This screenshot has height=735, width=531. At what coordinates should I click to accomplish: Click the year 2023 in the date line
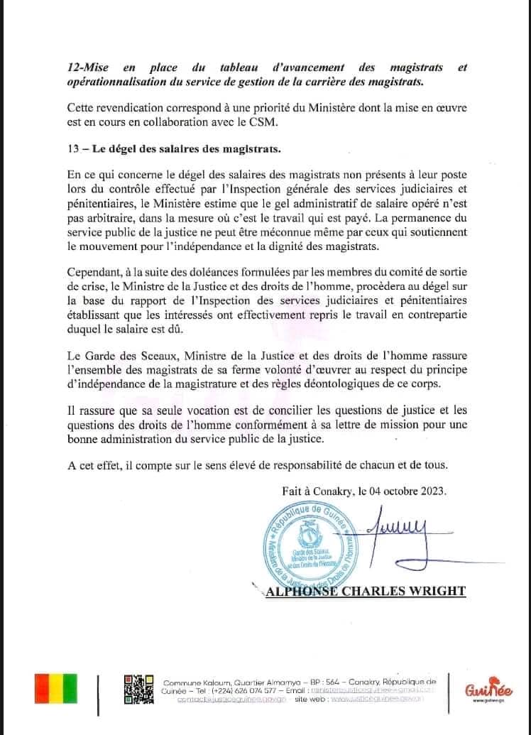pyautogui.click(x=429, y=491)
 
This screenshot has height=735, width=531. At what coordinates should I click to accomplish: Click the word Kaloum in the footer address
pyautogui.click(x=204, y=680)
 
